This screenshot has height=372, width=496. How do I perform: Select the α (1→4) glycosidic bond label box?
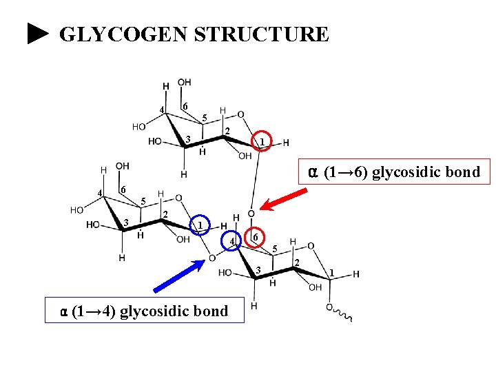click(x=144, y=311)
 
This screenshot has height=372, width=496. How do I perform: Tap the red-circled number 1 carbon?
click(x=262, y=141)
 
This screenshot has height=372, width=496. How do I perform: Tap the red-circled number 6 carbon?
click(x=254, y=236)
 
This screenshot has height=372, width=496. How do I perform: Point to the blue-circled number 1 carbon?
click(x=199, y=225)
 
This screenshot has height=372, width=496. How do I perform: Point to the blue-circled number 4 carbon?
click(x=232, y=241)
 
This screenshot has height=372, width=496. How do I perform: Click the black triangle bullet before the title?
click(x=39, y=34)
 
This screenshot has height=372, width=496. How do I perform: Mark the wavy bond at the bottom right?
click(x=343, y=316)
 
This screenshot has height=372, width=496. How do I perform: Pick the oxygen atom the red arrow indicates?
click(x=251, y=214)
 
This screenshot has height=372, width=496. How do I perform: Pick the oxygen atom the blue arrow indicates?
click(x=212, y=258)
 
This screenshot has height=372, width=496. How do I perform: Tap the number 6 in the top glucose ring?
click(x=185, y=105)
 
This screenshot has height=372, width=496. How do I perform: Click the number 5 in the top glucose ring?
click(x=205, y=118)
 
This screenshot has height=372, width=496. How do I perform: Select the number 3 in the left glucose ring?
click(x=126, y=221)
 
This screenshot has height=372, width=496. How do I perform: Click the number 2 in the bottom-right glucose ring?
click(x=297, y=262)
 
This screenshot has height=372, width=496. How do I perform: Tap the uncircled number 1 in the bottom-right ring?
click(x=332, y=273)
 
